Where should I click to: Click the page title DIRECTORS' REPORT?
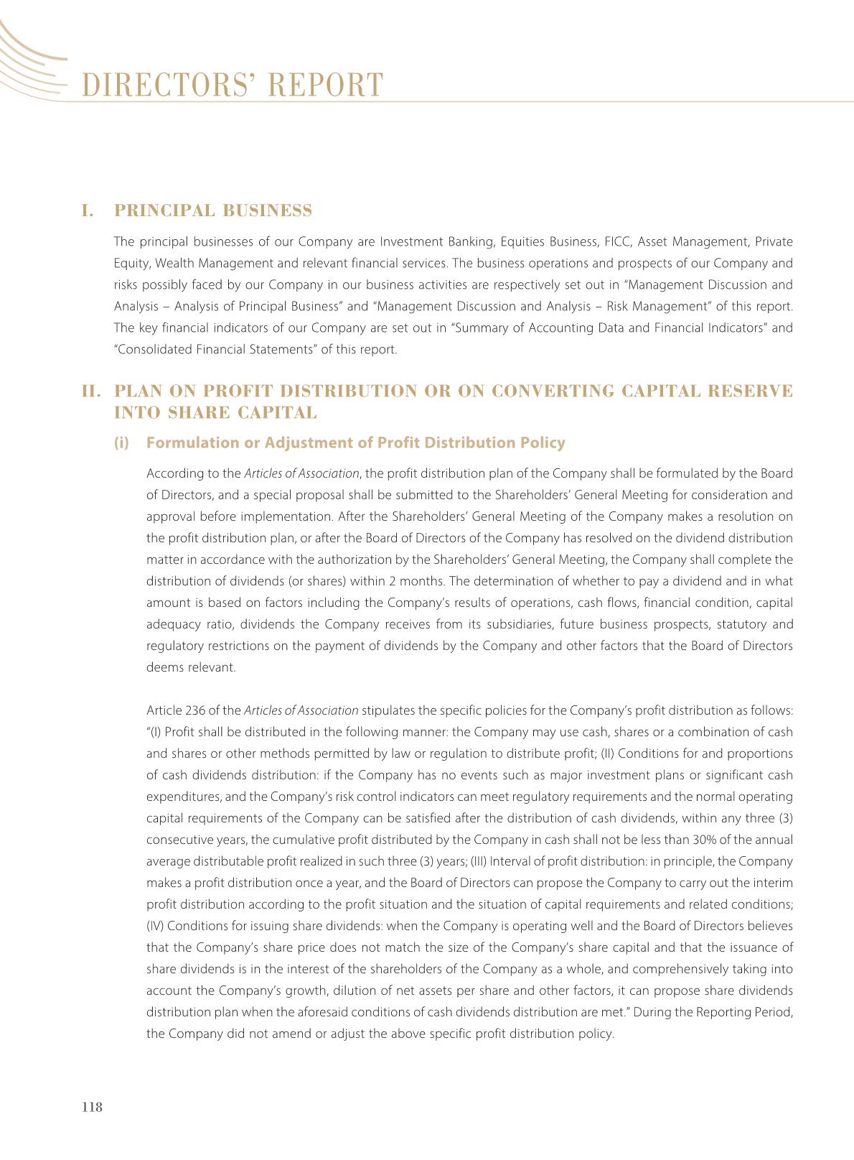pos(233,85)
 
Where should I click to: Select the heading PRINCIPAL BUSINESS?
pos(213,210)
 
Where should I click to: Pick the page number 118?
pos(93,1107)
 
